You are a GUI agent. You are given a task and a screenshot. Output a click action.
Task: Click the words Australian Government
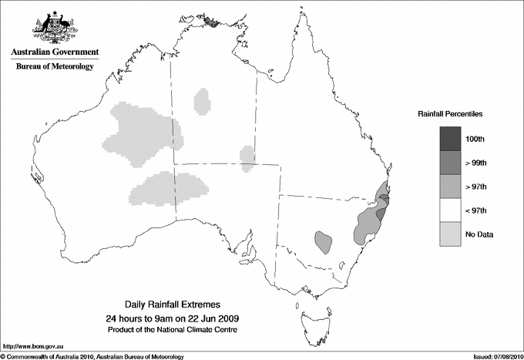[x=54, y=52]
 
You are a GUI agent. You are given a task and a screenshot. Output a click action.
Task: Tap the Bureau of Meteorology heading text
[x=54, y=66]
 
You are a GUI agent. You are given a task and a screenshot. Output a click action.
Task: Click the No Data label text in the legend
[x=479, y=234]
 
